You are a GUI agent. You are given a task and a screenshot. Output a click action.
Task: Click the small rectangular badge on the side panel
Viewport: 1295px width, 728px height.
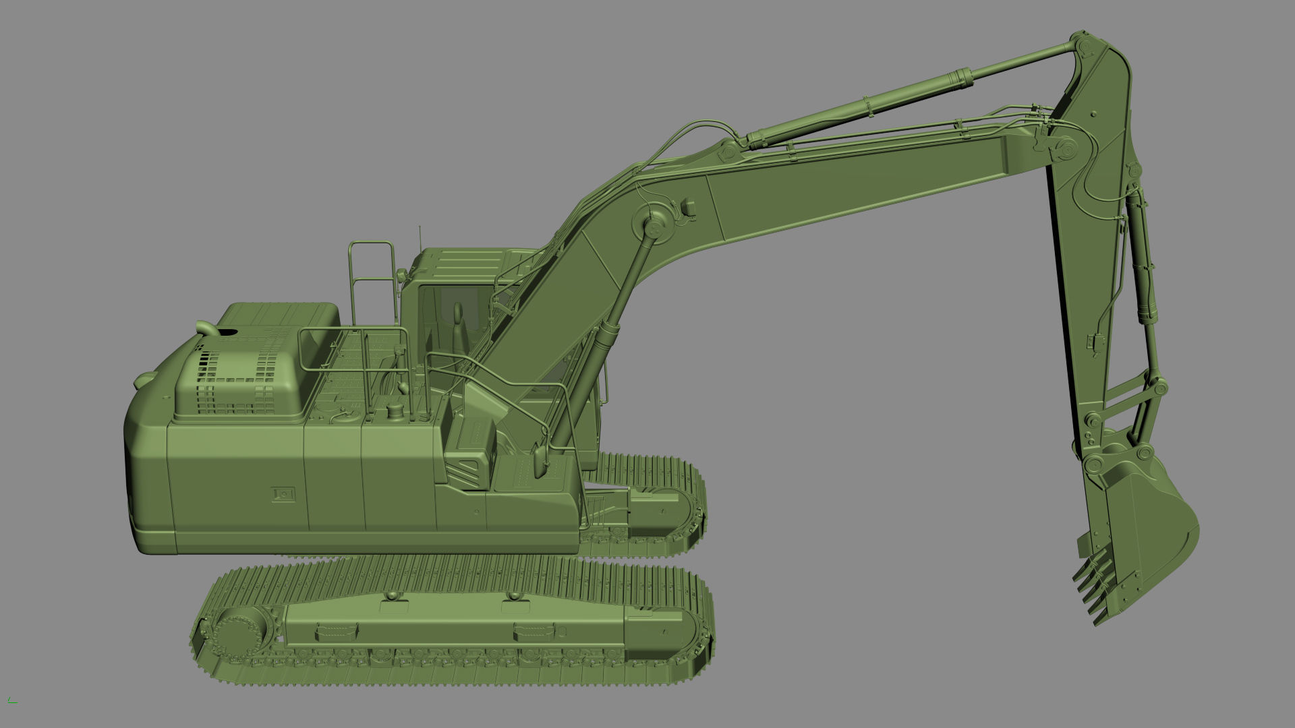coord(284,494)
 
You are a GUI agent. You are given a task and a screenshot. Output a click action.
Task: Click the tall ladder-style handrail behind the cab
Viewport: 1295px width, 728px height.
coord(371,283)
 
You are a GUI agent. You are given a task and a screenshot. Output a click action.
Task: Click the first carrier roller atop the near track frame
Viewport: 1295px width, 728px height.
coord(392,597)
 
